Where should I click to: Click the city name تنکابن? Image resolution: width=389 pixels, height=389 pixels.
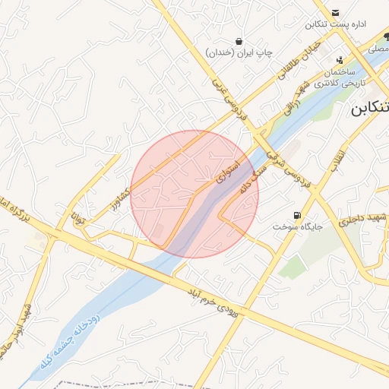pyautogui.click(x=370, y=109)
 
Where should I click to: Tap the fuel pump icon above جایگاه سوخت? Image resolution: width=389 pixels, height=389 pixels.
pyautogui.click(x=296, y=215)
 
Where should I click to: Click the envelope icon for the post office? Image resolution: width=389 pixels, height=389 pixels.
pyautogui.click(x=336, y=12)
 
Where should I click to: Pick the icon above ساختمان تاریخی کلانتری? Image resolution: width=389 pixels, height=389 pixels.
pyautogui.click(x=339, y=59)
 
